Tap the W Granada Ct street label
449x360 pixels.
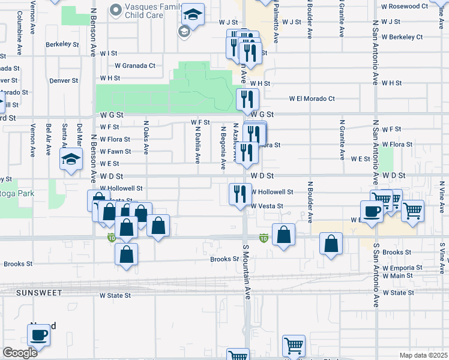point(135,65)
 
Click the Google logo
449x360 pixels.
point(19,353)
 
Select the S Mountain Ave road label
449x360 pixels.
point(246,271)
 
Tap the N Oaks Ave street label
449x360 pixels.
point(146,139)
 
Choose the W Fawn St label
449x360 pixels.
point(116,151)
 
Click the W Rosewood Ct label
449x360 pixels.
point(405,6)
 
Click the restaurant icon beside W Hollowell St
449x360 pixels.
point(238,194)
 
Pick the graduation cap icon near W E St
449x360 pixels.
point(70,160)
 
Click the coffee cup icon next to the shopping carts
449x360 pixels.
point(372,211)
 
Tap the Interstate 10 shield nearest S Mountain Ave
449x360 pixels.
point(263,238)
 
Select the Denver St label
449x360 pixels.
point(64,80)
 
